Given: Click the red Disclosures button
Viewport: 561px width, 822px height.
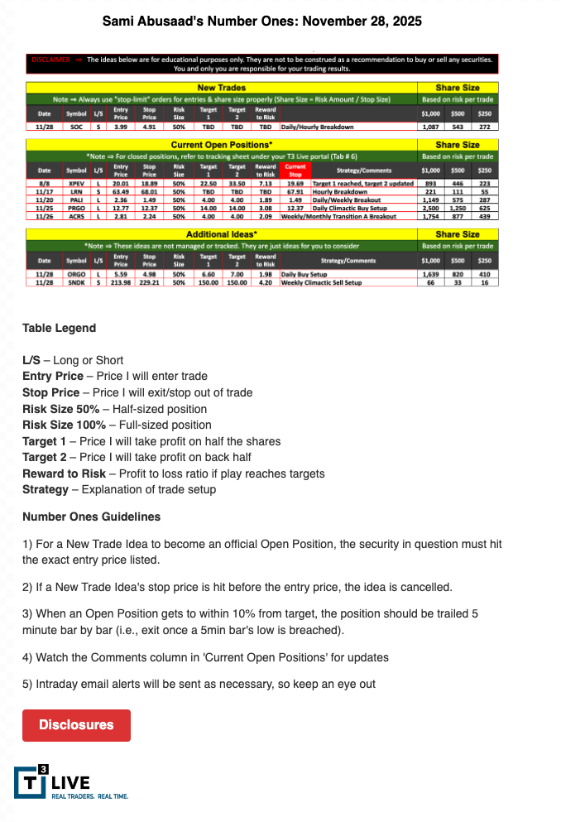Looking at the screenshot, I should (76, 725).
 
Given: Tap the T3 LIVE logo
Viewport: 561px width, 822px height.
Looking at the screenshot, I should (70, 783).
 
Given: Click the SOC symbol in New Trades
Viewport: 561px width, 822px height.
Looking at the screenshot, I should (76, 127).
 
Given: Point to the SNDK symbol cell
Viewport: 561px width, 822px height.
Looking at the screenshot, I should (76, 282).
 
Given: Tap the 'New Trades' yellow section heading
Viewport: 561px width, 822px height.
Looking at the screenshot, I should (221, 87).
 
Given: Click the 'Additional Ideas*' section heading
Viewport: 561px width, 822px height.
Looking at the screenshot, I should (221, 234).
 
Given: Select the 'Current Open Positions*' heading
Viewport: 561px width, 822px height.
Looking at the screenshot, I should (221, 144).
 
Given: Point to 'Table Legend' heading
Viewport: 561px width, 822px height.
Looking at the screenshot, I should (59, 328).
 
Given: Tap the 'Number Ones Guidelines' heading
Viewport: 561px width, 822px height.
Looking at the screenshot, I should (91, 517).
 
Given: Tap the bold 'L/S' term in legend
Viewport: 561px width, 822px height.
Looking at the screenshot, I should (34, 360).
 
